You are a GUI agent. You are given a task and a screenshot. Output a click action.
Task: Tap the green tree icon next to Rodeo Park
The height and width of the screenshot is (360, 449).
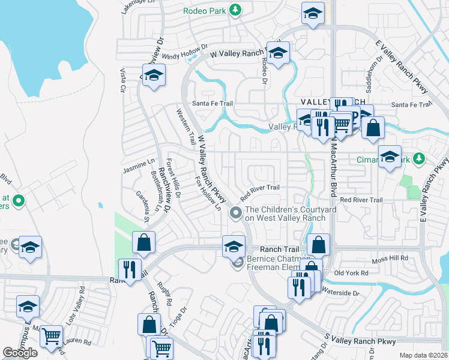236,10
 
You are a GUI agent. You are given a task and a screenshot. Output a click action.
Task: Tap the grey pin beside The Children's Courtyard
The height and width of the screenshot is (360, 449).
237,212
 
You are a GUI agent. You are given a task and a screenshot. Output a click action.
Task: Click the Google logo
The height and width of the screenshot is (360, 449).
20,353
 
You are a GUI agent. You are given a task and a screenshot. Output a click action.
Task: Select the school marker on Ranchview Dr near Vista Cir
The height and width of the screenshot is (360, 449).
154,75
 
